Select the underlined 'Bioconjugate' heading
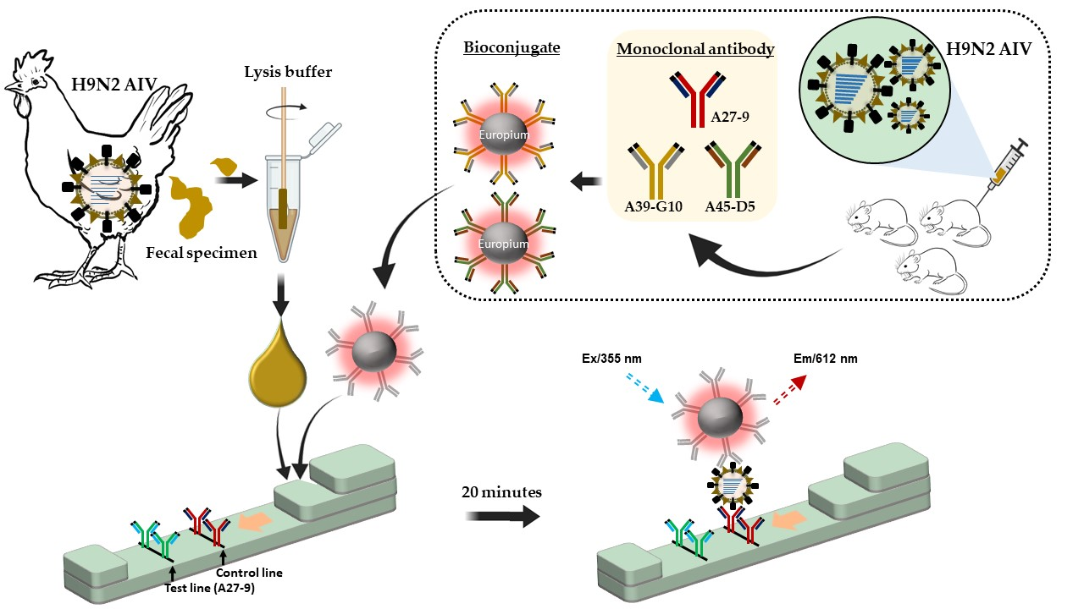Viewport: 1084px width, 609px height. click(x=512, y=47)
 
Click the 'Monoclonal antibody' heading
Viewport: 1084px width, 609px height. click(x=695, y=49)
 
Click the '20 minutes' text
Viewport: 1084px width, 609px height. click(x=502, y=491)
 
